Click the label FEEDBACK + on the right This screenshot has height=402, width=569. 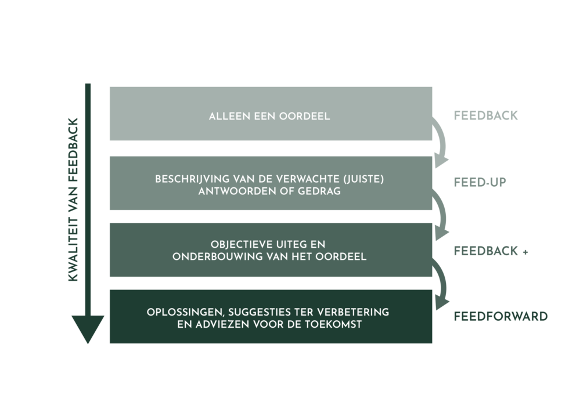491,251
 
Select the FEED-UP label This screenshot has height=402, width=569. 480,182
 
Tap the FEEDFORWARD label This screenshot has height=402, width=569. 500,317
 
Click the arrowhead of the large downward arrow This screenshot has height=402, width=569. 87,328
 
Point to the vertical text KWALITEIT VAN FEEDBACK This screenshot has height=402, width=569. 73,200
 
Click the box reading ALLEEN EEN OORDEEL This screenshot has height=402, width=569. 271,114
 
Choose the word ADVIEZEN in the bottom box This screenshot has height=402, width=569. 214,324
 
